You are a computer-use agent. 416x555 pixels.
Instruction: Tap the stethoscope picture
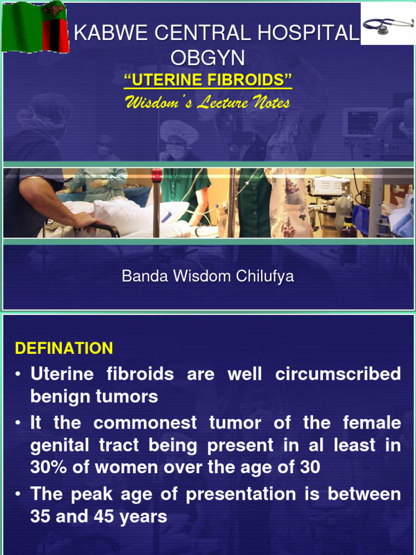point(387,24)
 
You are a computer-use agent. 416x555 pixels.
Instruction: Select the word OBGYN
point(208,57)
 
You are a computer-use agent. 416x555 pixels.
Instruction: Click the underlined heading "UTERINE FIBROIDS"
point(208,81)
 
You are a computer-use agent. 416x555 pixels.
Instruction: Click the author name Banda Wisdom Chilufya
point(208,276)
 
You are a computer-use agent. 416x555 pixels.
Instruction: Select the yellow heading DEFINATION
point(64,349)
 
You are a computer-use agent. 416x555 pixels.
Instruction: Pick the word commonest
point(145,423)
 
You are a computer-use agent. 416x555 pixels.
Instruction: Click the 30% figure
point(49,468)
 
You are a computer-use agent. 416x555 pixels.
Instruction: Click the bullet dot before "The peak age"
point(19,494)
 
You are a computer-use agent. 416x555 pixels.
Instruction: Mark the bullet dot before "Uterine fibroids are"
point(19,374)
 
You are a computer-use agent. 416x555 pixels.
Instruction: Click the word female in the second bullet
point(372,423)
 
